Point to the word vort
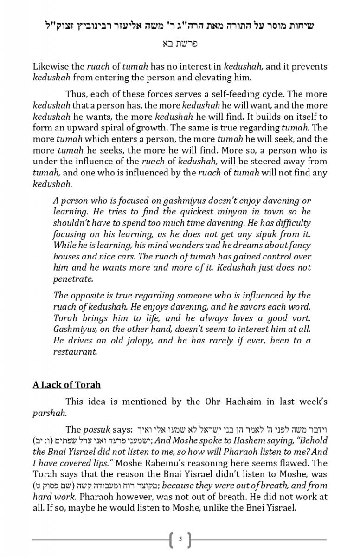pos(301,318)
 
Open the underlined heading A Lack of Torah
pos(66,385)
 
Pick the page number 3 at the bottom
pos(180,539)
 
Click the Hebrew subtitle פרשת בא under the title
pos(180,44)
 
